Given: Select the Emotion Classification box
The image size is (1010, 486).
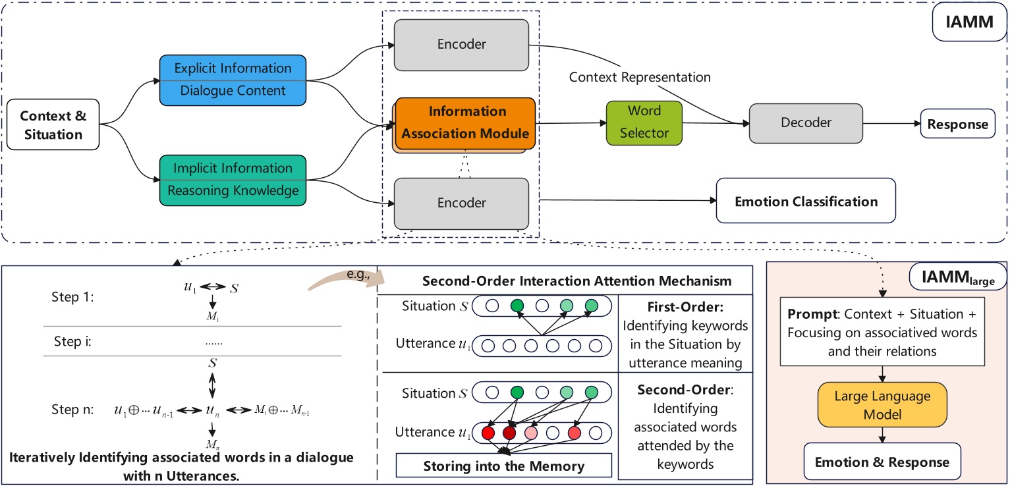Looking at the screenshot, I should click(x=806, y=201).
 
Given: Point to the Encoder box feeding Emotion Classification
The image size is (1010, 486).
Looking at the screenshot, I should click(x=461, y=203).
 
